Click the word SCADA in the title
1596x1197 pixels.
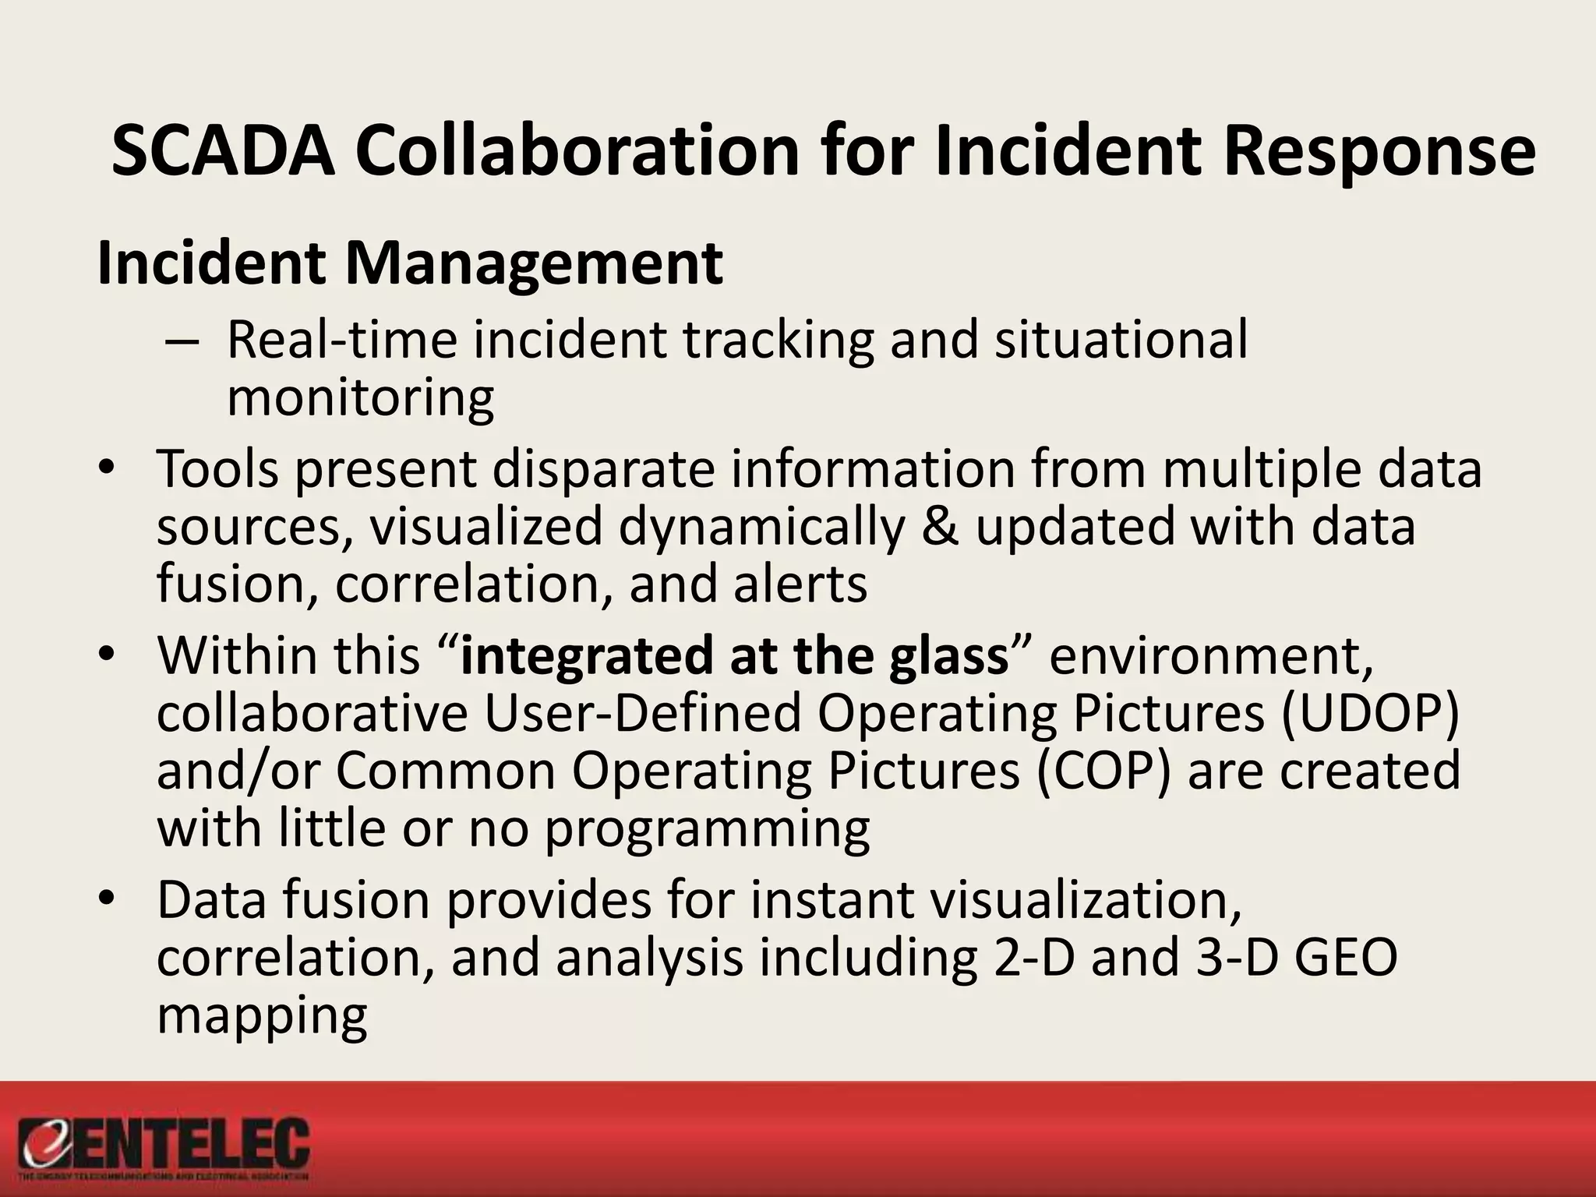pos(223,151)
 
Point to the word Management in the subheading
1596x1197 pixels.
pos(534,263)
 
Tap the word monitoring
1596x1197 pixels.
pos(360,398)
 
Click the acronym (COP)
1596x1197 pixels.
pos(1103,771)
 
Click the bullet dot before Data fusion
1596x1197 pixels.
pos(107,900)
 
